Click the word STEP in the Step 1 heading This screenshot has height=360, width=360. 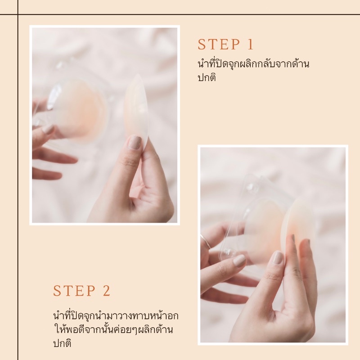pos(219,44)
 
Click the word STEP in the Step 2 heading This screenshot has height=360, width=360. pos(74,291)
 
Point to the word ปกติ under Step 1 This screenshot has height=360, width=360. pos(207,77)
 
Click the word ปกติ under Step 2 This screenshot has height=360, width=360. pos(62,343)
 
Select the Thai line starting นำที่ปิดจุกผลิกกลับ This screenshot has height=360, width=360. pos(253,63)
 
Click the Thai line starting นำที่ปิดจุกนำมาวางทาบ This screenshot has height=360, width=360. pos(116,316)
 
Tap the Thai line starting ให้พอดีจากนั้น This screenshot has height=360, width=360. pos(113,329)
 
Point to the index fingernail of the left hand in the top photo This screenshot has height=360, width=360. pos(48,130)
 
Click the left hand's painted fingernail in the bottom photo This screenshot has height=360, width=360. pos(239,261)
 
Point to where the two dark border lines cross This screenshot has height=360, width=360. pos(18,14)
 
